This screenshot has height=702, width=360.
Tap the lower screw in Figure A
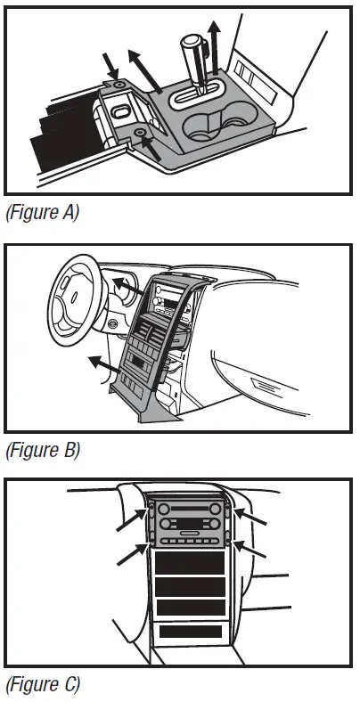tap(140, 134)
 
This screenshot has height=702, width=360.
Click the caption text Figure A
tap(42, 214)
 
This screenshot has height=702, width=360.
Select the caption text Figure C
tap(42, 685)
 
